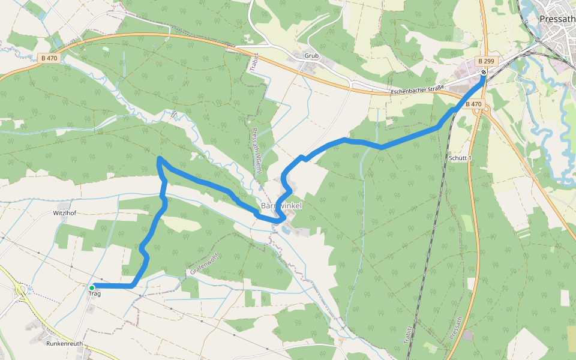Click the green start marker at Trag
tap(92, 287)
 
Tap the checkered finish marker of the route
tap(484, 73)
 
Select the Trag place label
tap(95, 293)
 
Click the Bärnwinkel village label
tap(281, 206)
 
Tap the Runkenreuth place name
tap(64, 344)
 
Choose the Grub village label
tap(311, 56)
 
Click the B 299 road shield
tap(487, 62)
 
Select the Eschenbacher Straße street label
tap(416, 89)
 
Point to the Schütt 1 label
tap(461, 158)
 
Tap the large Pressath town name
tap(557, 19)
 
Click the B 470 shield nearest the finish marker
tap(474, 104)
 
